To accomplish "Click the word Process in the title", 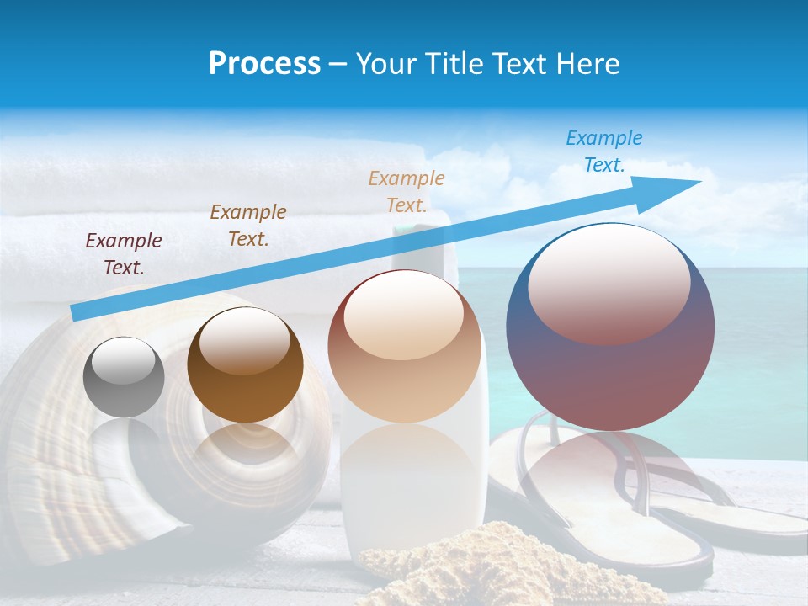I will [x=264, y=64].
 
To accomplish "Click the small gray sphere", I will [x=124, y=377].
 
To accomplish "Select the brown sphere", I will [x=245, y=365].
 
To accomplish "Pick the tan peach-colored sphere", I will [x=404, y=346].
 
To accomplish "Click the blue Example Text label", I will [x=603, y=151].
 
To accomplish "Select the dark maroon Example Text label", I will [x=124, y=254].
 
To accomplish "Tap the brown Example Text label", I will [x=248, y=226].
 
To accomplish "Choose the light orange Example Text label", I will [x=407, y=191].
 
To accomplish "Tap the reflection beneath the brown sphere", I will [x=244, y=454].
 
